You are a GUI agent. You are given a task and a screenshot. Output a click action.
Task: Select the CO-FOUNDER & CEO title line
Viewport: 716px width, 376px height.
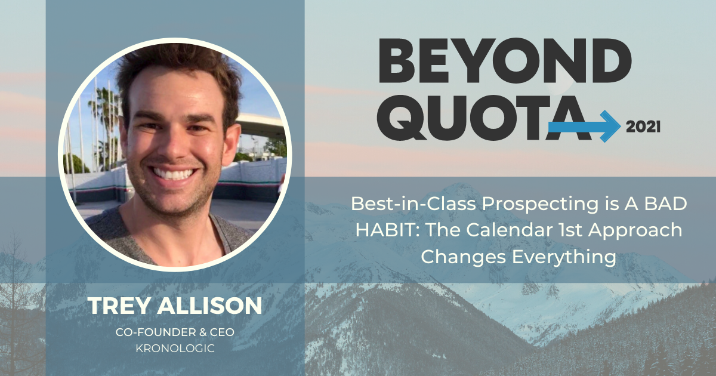(174, 332)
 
